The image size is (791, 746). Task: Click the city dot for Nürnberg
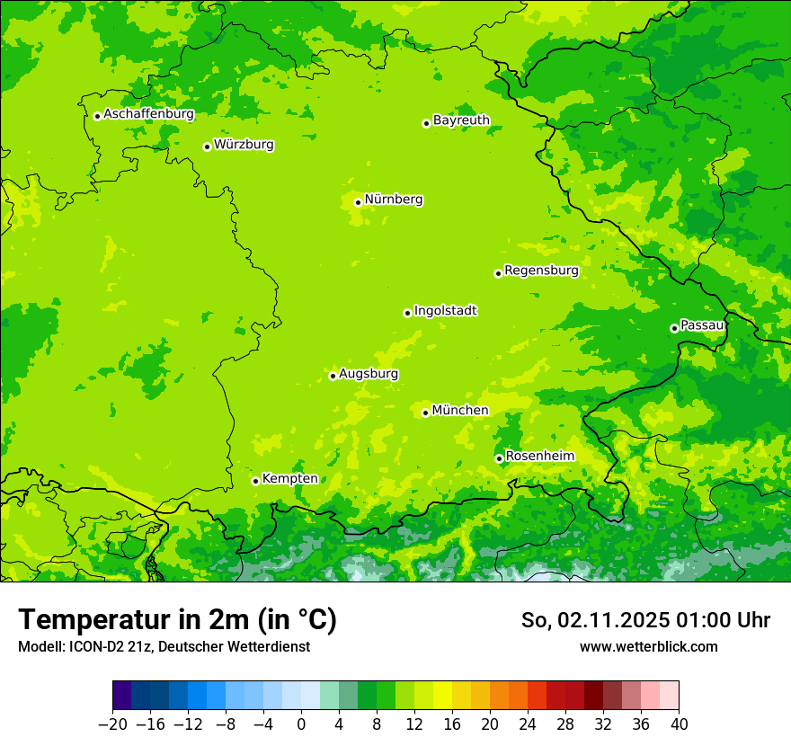[358, 202]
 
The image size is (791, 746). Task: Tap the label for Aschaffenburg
[148, 114]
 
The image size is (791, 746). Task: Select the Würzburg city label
[244, 145]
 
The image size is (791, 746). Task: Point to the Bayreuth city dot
[426, 123]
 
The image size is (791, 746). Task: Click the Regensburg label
[541, 271]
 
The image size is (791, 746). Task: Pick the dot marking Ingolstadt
[407, 313]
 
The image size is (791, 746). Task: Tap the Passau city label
[702, 324]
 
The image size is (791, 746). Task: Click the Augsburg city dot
[333, 376]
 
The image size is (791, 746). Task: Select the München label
[460, 411]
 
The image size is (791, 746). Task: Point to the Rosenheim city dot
[499, 458]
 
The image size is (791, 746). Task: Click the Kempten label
[289, 478]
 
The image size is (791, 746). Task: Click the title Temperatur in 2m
[177, 619]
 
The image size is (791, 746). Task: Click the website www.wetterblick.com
[648, 646]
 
